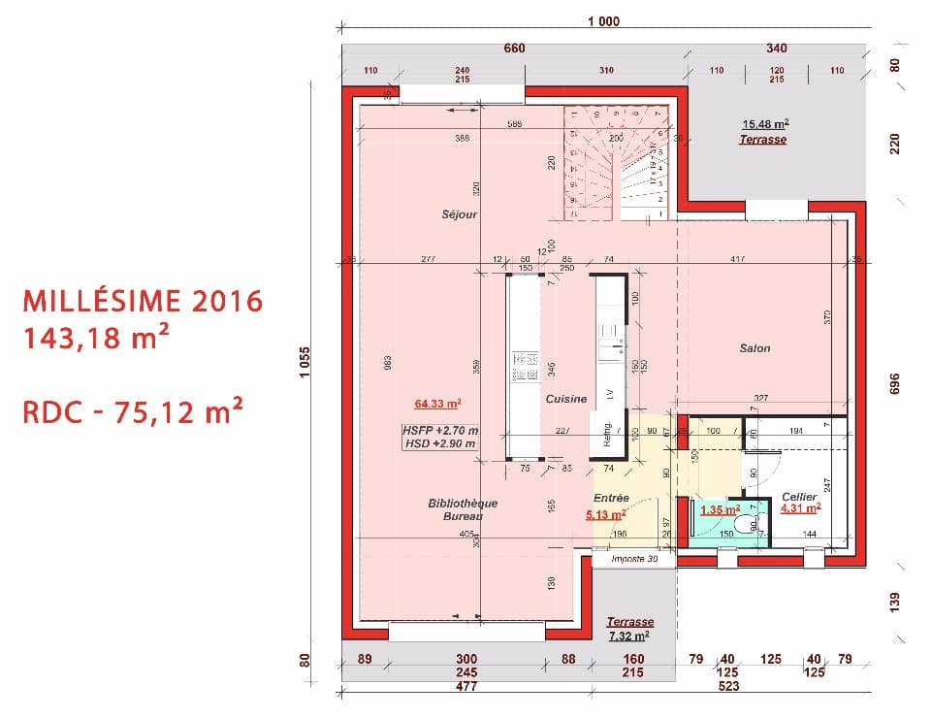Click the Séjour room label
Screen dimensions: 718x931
[460, 214]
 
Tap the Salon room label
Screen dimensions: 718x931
[754, 348]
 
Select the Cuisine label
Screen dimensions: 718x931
[565, 399]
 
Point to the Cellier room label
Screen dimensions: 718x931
[799, 497]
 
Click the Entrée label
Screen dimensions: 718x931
[612, 498]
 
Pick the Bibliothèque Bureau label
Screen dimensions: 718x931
[463, 509]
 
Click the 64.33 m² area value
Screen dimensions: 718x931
[437, 403]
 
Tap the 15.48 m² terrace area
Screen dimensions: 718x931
[765, 124]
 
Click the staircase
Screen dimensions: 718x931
[616, 162]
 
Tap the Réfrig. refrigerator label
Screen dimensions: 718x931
[606, 435]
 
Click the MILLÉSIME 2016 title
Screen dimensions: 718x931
[142, 301]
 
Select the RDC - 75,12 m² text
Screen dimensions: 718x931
[132, 412]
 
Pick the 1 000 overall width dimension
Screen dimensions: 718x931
[603, 21]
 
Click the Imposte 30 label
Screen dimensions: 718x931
[634, 560]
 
